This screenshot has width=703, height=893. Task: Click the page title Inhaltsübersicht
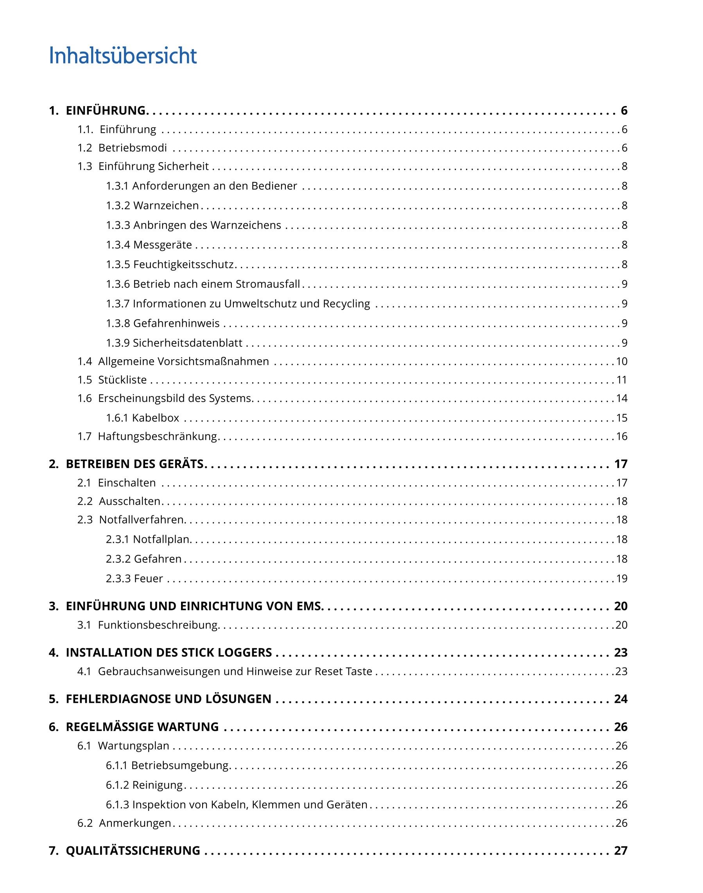pos(123,56)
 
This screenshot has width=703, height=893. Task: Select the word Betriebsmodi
pos(133,148)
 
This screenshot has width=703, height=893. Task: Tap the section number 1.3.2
pos(118,205)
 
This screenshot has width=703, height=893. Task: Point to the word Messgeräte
pos(163,245)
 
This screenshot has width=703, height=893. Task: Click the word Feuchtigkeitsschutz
pos(184,265)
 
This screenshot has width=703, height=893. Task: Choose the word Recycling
pos(346,304)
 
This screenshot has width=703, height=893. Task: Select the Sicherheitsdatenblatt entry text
pos(188,343)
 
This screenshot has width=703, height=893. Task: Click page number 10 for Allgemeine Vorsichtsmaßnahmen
pos(622,362)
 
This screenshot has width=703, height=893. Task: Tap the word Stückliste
pos(122,380)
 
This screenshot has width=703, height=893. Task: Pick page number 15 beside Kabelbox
pos(622,418)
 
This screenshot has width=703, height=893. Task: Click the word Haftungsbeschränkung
pos(157,437)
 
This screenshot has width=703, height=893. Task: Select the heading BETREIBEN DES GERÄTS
pos(135,464)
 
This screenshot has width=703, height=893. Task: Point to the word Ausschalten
pos(130,501)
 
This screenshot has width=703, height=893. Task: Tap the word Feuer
pos(149,579)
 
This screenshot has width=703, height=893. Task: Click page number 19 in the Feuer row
pos(622,579)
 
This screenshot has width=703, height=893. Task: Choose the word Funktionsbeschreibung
pos(158,625)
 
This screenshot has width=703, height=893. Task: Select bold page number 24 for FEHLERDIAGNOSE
pos(621,699)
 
